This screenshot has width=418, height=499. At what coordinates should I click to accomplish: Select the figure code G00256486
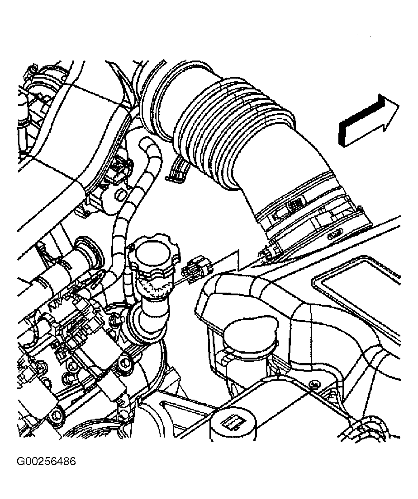46,462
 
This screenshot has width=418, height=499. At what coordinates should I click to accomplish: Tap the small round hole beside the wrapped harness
120,194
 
